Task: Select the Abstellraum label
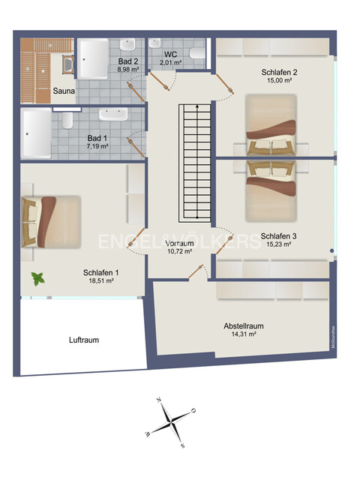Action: (x=244, y=326)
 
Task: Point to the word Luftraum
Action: (x=83, y=340)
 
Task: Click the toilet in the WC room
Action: (x=197, y=52)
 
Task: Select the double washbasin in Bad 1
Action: (x=112, y=115)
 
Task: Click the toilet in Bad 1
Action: (x=67, y=120)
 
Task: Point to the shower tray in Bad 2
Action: (x=95, y=58)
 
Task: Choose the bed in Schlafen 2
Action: (x=272, y=124)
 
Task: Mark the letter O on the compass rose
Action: (x=193, y=411)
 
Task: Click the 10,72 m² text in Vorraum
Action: (x=180, y=252)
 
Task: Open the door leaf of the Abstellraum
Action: (x=197, y=272)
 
